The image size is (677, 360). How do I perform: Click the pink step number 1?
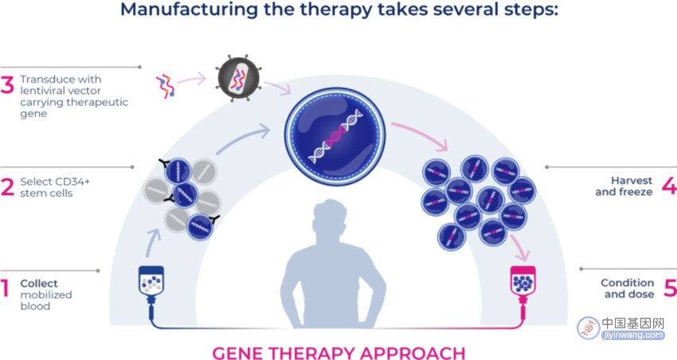coord(5,288)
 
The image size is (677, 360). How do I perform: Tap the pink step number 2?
coord(7,187)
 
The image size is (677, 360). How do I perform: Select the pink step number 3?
coord(7,84)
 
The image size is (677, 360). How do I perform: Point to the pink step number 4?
coord(670,186)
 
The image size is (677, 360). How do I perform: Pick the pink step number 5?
coord(670,288)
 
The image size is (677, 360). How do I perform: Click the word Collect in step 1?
coord(39,284)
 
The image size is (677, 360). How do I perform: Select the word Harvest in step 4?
coord(632,181)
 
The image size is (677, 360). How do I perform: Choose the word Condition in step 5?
coord(628,283)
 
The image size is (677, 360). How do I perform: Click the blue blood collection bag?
coord(151,281)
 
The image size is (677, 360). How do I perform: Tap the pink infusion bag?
coord(522,281)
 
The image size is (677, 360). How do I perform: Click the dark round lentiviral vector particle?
coord(238,78)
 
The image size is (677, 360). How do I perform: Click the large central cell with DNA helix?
coord(335,136)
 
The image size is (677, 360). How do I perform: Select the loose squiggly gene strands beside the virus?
coord(166,85)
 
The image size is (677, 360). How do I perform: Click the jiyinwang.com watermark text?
coord(633,335)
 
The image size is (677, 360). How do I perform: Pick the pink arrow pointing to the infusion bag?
coord(520,248)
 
